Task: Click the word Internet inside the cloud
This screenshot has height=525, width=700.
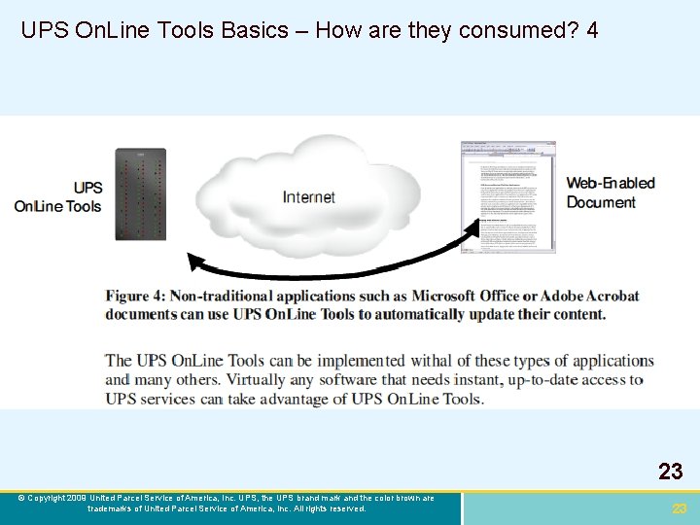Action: (x=308, y=197)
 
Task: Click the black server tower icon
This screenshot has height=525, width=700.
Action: (x=141, y=193)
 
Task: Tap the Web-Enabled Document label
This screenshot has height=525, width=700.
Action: (x=611, y=192)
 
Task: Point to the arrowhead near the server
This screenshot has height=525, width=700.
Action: (x=194, y=262)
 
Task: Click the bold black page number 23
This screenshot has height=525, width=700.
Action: (x=670, y=472)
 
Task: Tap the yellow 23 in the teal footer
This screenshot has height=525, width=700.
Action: (x=680, y=508)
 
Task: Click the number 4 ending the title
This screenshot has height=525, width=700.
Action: (x=592, y=31)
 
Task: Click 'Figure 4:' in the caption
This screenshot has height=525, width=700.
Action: (x=142, y=296)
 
